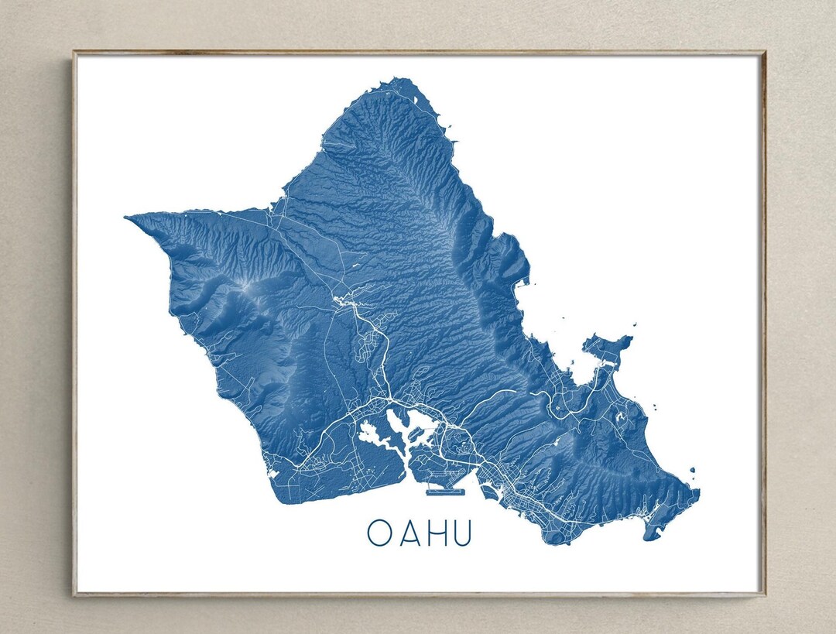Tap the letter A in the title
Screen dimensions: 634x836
point(408,533)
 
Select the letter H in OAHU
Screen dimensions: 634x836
point(435,533)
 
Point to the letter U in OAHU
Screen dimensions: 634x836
point(461,533)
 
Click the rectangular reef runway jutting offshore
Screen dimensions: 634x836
point(443,490)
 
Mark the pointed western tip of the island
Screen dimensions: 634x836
point(128,219)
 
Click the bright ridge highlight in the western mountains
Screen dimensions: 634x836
point(246,288)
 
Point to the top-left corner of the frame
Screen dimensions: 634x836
point(74,53)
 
